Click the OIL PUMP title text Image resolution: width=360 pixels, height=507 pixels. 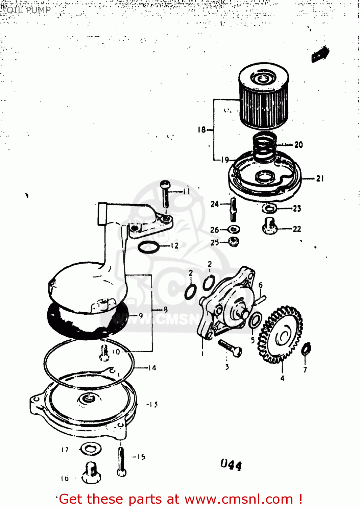click(x=29, y=10)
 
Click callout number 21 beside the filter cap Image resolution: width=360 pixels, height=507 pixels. click(x=320, y=178)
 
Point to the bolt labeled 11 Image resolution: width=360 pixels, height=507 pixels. click(x=166, y=194)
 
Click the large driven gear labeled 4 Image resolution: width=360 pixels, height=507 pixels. click(x=281, y=335)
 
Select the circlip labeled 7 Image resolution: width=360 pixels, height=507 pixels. click(x=306, y=349)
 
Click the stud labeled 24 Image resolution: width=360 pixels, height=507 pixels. click(x=233, y=210)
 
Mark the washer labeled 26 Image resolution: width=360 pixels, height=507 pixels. click(x=234, y=230)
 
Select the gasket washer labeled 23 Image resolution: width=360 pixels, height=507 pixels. click(x=269, y=208)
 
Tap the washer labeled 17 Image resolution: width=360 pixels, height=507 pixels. click(x=91, y=449)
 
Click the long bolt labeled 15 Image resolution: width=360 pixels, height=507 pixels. click(x=121, y=462)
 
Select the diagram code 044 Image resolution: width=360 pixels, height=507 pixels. click(x=231, y=465)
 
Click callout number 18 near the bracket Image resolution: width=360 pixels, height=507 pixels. click(x=201, y=129)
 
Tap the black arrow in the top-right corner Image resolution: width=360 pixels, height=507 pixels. click(x=320, y=54)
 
